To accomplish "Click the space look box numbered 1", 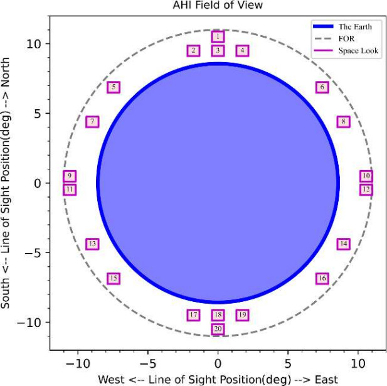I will point(218,37).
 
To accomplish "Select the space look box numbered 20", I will point(218,328).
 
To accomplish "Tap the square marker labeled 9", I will point(70,176).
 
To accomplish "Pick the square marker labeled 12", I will point(366,189).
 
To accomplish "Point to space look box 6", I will point(322,87).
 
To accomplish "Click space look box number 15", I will point(114,278).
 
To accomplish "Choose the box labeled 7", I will point(92,122).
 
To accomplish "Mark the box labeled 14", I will point(343,244).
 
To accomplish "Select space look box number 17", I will point(193,314).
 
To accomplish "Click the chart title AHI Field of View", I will point(217,6).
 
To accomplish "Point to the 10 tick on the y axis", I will point(34,44).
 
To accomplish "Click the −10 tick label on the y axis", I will point(31,322).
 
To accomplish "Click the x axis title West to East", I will point(217,379).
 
